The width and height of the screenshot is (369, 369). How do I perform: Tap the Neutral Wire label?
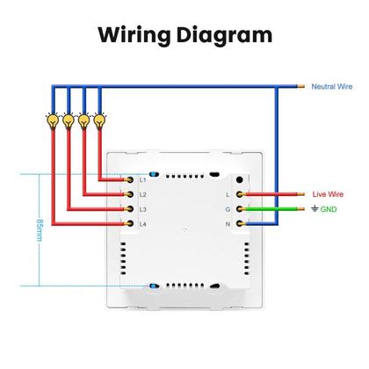click(x=331, y=88)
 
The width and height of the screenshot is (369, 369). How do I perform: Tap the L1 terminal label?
click(x=142, y=180)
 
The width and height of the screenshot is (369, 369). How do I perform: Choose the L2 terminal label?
click(x=142, y=194)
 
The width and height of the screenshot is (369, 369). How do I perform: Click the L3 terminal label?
click(x=142, y=209)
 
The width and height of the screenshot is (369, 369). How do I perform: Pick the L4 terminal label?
click(x=142, y=224)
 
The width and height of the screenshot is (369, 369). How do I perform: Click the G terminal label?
click(x=228, y=209)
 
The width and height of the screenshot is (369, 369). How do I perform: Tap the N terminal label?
click(x=228, y=224)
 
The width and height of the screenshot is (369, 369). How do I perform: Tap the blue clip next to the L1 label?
click(x=155, y=175)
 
